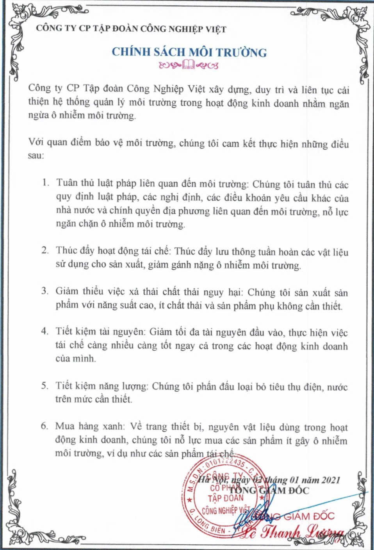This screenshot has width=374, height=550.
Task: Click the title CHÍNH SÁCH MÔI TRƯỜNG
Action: coord(189,52)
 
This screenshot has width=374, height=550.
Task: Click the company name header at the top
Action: coord(131,29)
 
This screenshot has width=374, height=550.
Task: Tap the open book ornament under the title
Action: coord(189,64)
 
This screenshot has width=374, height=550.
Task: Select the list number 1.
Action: coord(46,183)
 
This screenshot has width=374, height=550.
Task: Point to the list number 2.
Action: coord(45,250)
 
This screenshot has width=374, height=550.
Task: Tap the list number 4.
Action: coord(45,331)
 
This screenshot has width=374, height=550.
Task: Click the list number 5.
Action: coord(45,385)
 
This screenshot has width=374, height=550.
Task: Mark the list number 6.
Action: coord(45,426)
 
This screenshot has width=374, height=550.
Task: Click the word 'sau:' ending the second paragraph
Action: coord(37,156)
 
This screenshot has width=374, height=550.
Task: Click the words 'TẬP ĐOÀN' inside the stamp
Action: coord(226,498)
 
